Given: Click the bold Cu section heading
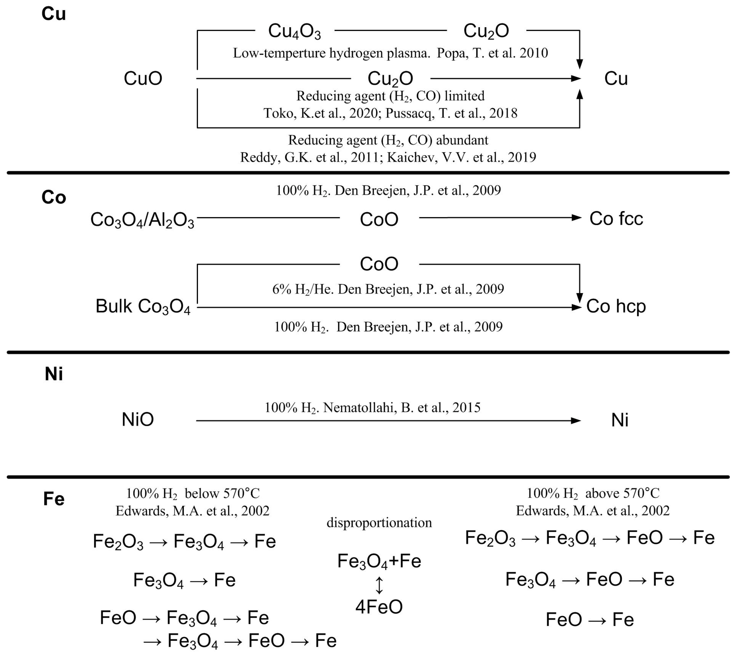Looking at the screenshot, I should click(54, 15).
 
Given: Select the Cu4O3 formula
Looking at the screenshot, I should click(294, 31).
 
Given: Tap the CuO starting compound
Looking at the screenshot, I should click(143, 79).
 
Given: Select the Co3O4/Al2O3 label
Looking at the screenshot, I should click(142, 220).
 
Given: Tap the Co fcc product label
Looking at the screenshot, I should click(616, 219).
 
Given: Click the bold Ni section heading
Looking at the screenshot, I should click(54, 374).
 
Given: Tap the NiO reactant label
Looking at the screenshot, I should click(138, 420).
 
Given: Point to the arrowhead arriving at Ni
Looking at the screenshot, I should click(576, 421).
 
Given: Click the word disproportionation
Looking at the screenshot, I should click(379, 523).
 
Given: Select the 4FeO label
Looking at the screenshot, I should click(379, 607).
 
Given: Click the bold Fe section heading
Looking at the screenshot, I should click(54, 499).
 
